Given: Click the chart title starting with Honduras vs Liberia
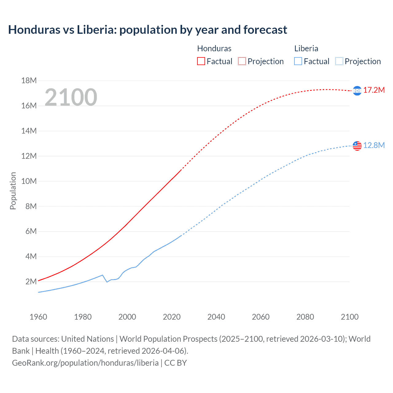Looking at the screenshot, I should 147,30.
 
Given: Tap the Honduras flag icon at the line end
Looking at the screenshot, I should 357,91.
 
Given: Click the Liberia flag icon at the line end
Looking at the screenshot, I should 357,146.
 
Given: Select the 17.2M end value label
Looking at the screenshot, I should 374,90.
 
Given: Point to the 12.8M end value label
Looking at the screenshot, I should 374,145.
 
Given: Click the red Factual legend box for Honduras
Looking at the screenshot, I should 201,61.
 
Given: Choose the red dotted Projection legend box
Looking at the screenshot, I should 242,61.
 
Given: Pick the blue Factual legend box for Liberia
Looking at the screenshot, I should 298,61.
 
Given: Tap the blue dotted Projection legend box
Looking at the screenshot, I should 339,61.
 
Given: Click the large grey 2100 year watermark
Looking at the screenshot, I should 71,97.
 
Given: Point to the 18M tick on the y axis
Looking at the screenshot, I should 29,81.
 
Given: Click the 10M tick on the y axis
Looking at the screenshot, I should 29,181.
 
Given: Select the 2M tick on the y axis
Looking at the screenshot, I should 31,282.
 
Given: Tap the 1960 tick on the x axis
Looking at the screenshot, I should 38,317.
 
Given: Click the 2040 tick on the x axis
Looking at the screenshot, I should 216,317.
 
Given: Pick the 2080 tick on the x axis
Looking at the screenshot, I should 305,317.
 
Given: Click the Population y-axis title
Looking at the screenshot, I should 13,191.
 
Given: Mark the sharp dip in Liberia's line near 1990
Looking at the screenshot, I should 107,282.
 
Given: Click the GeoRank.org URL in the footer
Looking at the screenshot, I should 85,363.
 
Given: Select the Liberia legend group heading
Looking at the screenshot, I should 306,49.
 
